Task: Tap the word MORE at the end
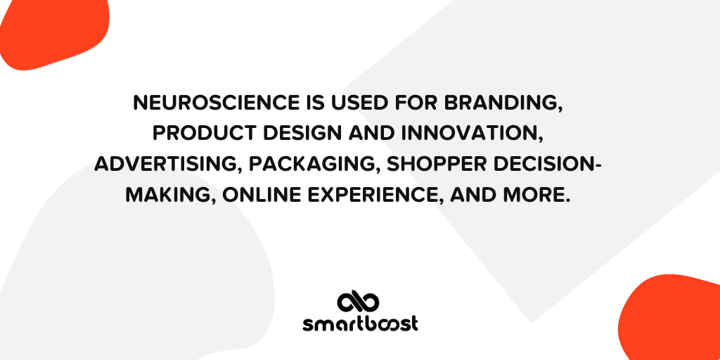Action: tap(536, 195)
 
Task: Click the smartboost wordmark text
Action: tap(360, 323)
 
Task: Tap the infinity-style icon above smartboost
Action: tap(358, 301)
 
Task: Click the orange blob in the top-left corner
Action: tap(54, 32)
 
